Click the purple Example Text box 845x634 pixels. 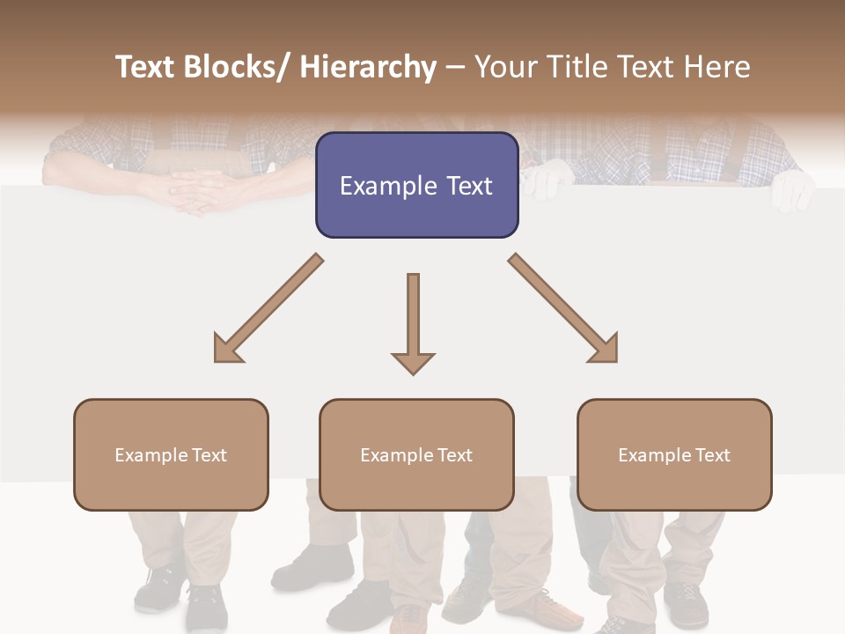pyautogui.click(x=416, y=185)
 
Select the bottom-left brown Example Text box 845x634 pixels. pyautogui.click(x=171, y=454)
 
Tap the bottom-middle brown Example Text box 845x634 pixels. pyautogui.click(x=416, y=454)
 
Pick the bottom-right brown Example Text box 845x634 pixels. pyautogui.click(x=674, y=454)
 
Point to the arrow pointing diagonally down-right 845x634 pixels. pyautogui.click(x=563, y=309)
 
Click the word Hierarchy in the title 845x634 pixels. pyautogui.click(x=368, y=67)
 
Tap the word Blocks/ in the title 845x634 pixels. pyautogui.click(x=240, y=67)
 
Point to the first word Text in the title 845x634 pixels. pyautogui.click(x=146, y=67)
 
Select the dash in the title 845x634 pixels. pyautogui.click(x=455, y=68)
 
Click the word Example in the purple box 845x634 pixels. pyautogui.click(x=382, y=186)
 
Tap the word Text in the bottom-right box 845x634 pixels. pyautogui.click(x=712, y=454)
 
